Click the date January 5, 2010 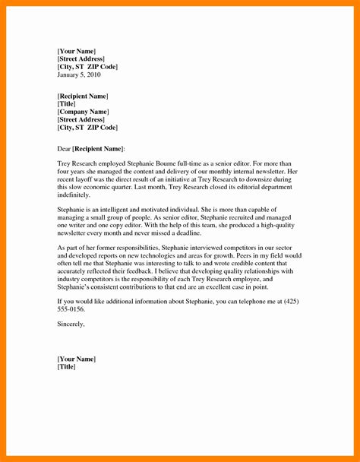(78, 75)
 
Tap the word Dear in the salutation (65, 147)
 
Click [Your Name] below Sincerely (77, 359)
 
